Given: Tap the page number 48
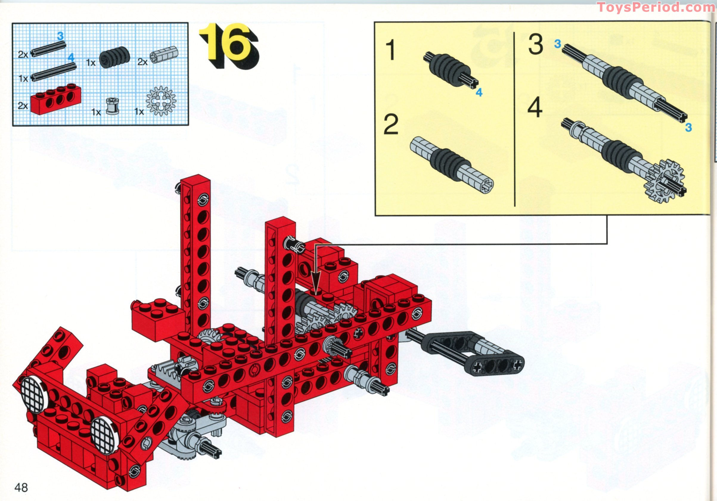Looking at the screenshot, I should point(21,487).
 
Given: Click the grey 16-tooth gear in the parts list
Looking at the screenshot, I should point(161,101).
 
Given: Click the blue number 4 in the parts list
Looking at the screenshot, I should point(71,58).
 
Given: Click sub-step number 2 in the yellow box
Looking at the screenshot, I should point(391,124).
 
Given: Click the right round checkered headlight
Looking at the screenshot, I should point(105,435).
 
